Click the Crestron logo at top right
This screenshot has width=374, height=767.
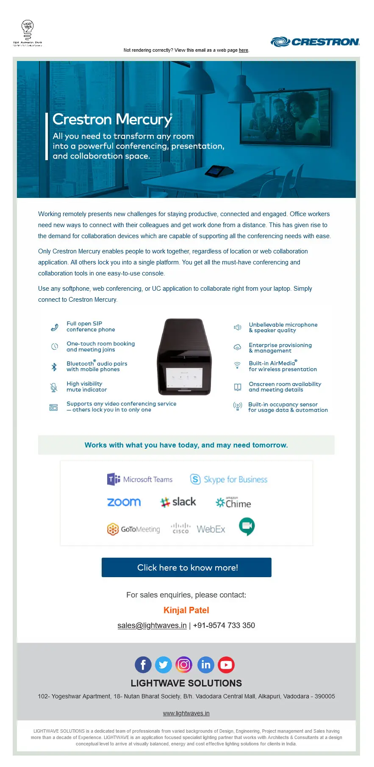[x=315, y=42]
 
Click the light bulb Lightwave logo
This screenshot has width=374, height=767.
[x=28, y=33]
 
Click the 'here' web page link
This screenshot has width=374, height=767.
[x=244, y=50]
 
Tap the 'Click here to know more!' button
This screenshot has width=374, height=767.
[x=186, y=567]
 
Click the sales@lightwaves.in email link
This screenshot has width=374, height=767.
[x=152, y=625]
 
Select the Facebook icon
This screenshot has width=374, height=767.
[x=143, y=665]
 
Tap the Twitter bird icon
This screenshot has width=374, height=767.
[x=163, y=665]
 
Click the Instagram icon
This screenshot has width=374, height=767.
[x=184, y=664]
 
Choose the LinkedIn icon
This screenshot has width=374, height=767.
[x=206, y=665]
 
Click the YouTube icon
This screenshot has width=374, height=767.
[x=226, y=665]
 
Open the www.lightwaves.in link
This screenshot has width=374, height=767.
[x=186, y=713]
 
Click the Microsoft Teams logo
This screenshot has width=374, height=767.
[x=140, y=479]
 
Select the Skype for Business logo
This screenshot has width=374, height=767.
[x=229, y=479]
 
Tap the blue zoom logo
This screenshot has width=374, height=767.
[x=124, y=502]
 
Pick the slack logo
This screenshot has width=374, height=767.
[x=178, y=502]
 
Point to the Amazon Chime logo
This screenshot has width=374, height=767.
[x=233, y=503]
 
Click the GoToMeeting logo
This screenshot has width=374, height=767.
[x=133, y=529]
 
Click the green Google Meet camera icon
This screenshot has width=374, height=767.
[x=247, y=526]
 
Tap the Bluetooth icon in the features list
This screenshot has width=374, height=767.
[x=54, y=367]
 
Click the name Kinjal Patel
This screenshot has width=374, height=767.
[x=186, y=610]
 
